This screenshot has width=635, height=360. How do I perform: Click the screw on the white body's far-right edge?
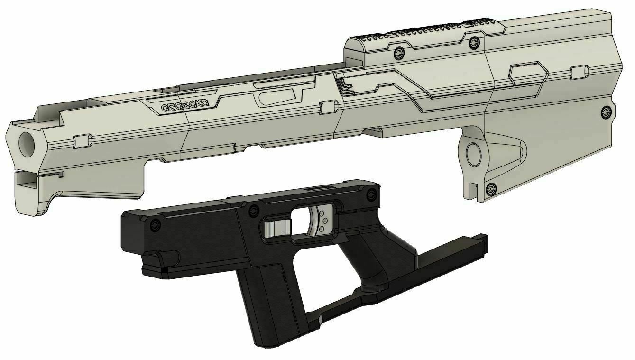606,112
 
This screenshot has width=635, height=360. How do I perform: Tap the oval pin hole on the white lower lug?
474,153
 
